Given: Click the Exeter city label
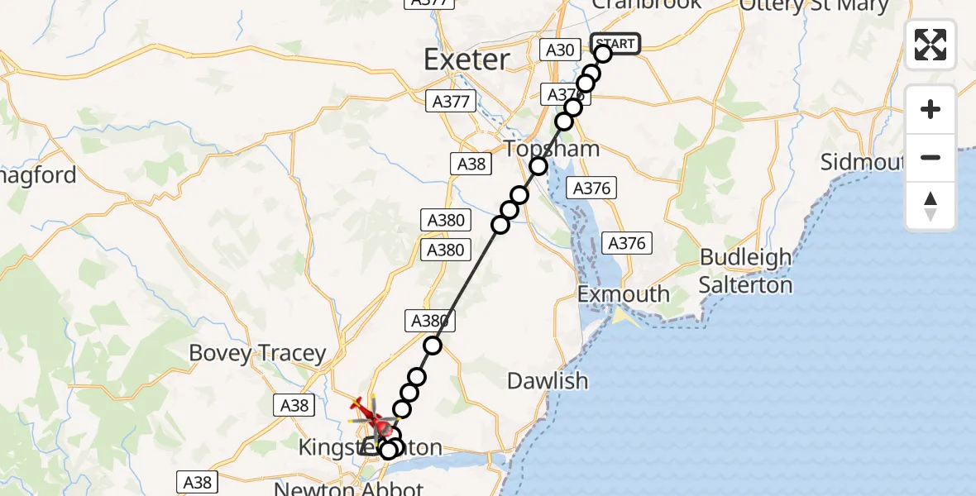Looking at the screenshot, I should coord(467,60).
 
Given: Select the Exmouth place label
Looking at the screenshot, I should coord(624,293).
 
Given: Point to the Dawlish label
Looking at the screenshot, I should coord(548,381).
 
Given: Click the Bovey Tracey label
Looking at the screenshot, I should coord(257,353).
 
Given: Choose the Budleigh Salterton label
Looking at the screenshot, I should coord(745,271).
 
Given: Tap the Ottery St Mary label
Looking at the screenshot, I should coord(814,5).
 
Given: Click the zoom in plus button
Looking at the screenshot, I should coord(931,110).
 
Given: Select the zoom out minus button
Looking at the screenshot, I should coord(931,157).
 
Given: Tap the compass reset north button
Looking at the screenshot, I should coord(931,206).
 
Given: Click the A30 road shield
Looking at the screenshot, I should coord(560,50).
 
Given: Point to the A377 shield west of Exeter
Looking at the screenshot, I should coord(451,102).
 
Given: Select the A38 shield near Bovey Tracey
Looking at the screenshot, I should coord(294,405).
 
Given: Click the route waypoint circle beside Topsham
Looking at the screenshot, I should coord(538,166).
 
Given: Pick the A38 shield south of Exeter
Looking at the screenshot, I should coord(471,164).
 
